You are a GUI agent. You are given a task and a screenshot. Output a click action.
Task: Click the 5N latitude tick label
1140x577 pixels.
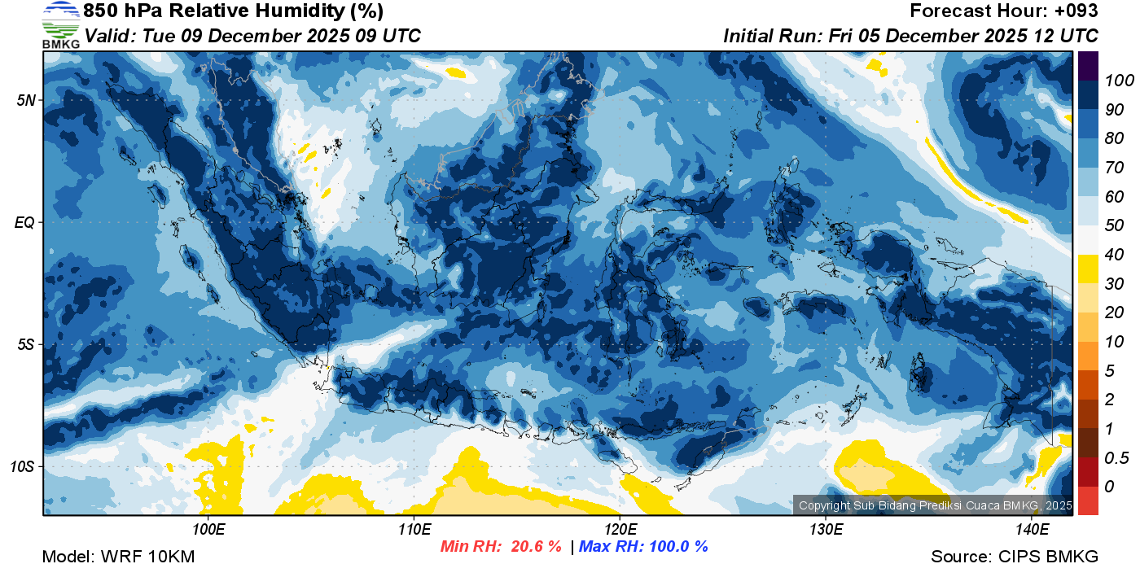tap(25, 100)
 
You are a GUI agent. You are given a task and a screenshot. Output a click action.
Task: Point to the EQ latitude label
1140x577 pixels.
tap(24, 222)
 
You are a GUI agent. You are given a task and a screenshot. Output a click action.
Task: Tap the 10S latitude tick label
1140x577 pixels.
tap(22, 467)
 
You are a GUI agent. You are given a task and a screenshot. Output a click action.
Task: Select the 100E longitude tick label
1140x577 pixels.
tap(208, 530)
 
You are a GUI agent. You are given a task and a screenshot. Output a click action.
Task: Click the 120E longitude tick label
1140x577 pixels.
tap(620, 530)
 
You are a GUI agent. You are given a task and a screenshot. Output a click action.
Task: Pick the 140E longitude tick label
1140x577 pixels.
tap(1032, 530)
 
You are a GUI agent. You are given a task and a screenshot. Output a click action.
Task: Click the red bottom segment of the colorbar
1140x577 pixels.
tap(1088, 501)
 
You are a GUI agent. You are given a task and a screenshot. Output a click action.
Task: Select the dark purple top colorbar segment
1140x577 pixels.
tap(1088, 65)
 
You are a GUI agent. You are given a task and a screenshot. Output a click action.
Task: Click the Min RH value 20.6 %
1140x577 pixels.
tap(536, 547)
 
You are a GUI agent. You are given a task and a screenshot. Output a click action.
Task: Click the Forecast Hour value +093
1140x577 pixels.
tap(1076, 11)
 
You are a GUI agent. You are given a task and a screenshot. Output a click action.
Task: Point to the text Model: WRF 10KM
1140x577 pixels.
tap(118, 557)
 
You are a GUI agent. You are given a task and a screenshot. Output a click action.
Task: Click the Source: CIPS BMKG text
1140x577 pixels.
tap(1015, 557)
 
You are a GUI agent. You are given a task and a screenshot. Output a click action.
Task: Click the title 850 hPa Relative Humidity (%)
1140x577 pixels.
tap(233, 11)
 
